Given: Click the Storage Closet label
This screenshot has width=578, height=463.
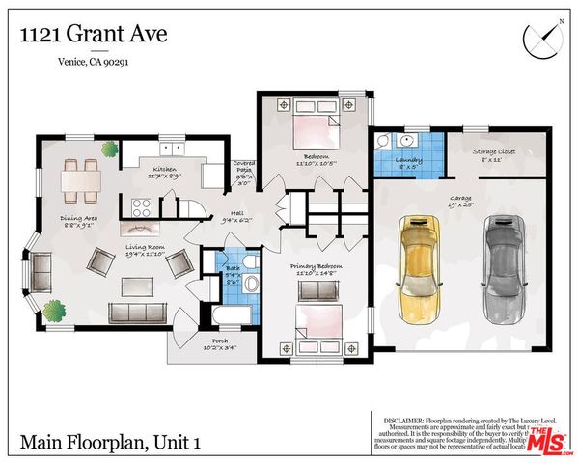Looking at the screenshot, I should click(x=493, y=154).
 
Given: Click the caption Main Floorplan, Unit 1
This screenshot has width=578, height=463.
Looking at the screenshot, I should click(x=111, y=443).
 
